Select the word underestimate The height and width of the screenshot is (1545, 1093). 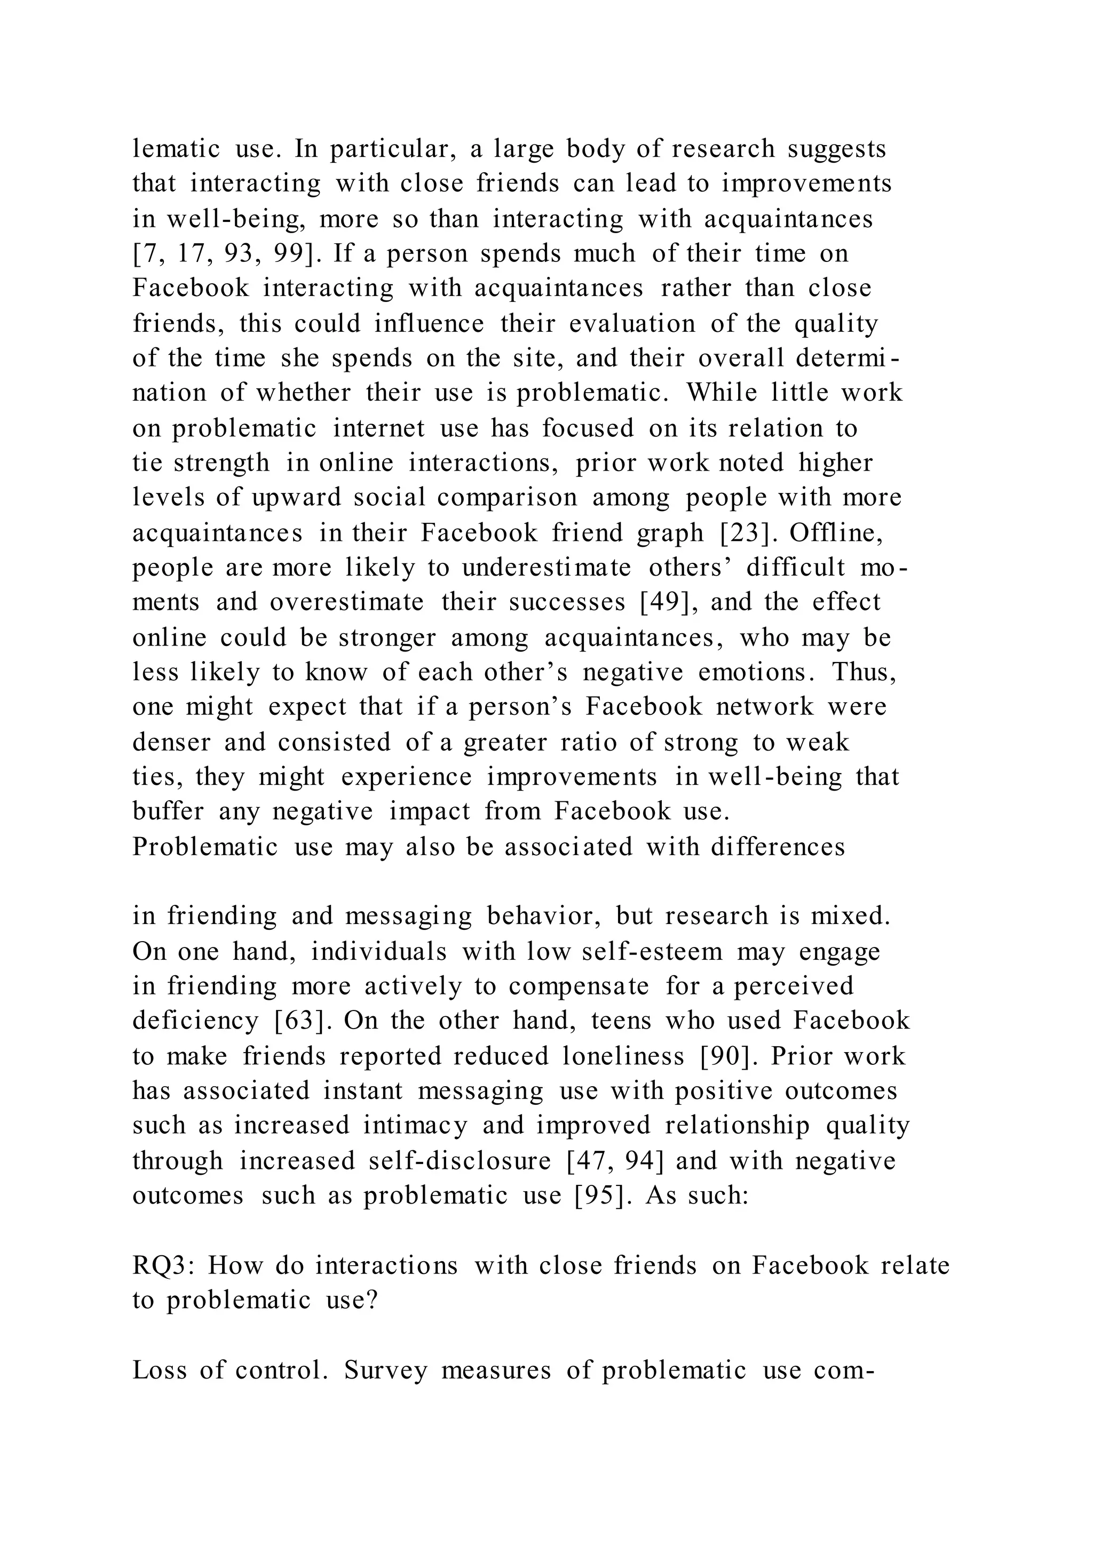(546, 567)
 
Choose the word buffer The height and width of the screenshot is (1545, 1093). (168, 811)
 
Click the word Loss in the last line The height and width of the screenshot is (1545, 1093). (159, 1371)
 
